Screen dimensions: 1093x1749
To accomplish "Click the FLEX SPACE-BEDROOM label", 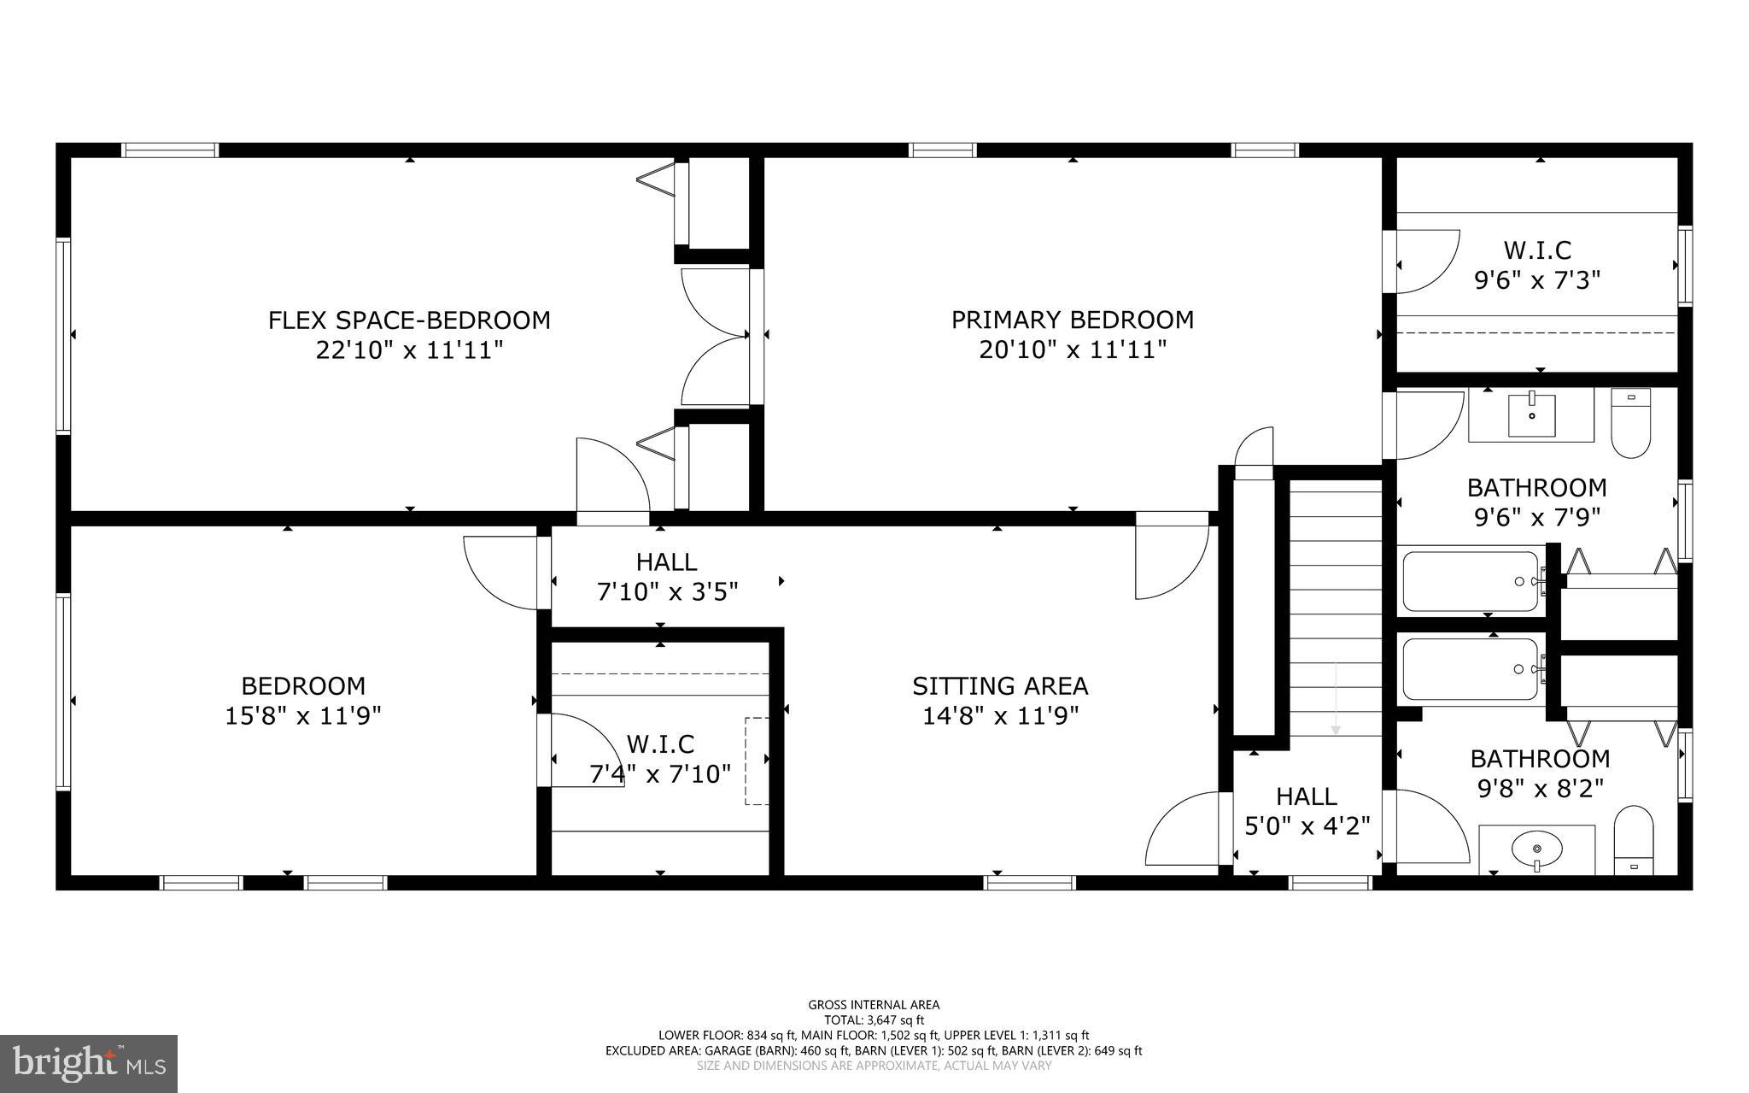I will coord(409,320).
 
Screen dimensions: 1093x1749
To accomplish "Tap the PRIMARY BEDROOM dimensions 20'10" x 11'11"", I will coord(1073,350).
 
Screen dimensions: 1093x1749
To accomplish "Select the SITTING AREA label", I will coord(1000,686).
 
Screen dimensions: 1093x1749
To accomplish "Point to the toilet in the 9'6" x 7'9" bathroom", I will coord(1630,423).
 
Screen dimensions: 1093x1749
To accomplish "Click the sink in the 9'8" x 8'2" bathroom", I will coord(1536,849).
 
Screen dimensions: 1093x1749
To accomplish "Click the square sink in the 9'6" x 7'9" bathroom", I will coord(1531,414).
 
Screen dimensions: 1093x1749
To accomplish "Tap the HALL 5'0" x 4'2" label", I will coord(1307,811).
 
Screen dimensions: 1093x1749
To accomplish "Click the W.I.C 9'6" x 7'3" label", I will coord(1537,265).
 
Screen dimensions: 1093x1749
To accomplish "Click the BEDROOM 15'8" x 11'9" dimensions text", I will coord(302,715).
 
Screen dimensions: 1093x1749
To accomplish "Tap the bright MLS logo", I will coord(89,1062).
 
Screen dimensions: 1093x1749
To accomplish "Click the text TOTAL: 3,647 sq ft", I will coord(874,1020).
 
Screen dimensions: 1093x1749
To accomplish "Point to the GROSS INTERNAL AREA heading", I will coord(874,1005).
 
